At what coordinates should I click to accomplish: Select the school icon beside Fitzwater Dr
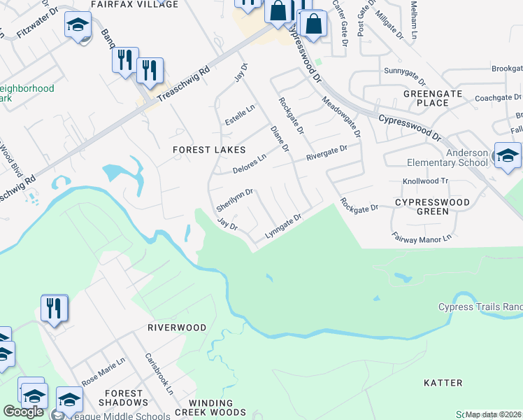[x=78, y=26]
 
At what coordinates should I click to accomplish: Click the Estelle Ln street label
[x=240, y=115]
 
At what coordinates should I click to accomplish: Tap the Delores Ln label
[x=250, y=164]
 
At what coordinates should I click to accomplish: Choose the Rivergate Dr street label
[x=327, y=153]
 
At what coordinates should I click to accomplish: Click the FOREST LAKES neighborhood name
[x=210, y=150]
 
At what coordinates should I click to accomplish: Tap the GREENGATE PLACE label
[x=426, y=97]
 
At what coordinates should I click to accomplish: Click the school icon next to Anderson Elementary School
[x=507, y=155]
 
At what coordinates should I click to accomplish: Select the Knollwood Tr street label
[x=425, y=180]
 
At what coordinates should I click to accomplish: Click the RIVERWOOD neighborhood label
[x=177, y=328]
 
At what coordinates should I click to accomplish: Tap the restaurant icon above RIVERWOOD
[x=54, y=308]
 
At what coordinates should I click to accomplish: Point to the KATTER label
[x=443, y=383]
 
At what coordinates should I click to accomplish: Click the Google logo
[x=23, y=412]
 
